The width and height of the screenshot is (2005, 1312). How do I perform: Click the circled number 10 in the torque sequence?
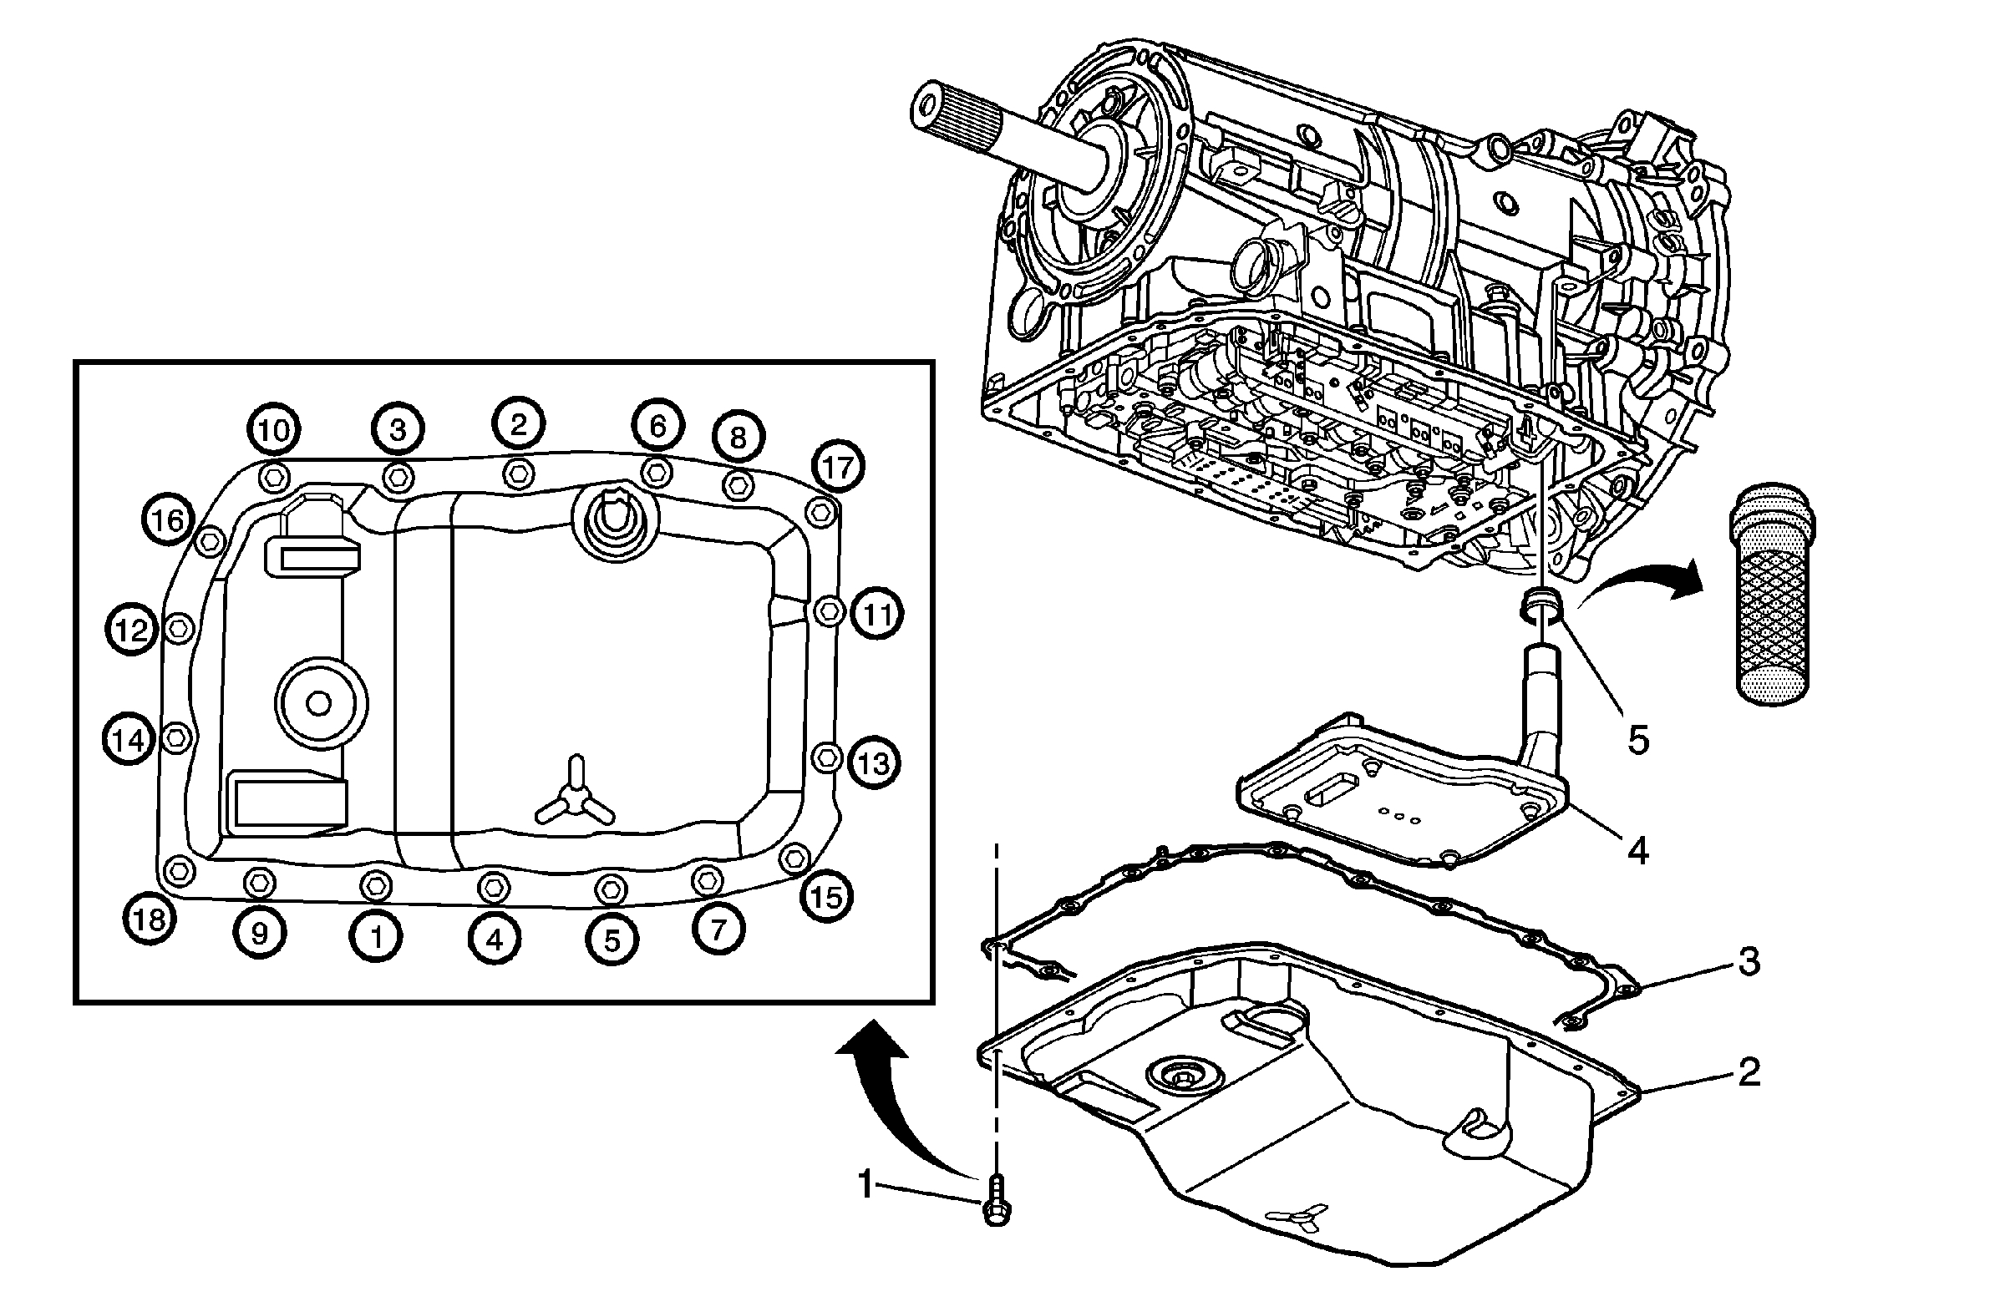tap(274, 430)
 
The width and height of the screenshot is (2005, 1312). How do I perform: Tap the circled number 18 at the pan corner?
tap(150, 919)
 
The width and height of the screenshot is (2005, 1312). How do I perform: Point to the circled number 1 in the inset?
tap(377, 936)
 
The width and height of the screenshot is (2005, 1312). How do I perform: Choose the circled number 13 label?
tap(874, 764)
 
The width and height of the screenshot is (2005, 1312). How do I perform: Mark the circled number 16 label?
tap(168, 520)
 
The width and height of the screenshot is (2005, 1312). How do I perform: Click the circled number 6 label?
tap(657, 426)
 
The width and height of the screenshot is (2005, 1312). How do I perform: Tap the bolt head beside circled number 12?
tap(180, 627)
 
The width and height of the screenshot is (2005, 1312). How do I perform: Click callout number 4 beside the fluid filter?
tap(1637, 851)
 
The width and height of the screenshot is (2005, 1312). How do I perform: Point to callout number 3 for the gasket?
tap(1749, 961)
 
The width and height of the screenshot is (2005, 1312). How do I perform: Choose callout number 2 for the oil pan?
tap(1749, 1072)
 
